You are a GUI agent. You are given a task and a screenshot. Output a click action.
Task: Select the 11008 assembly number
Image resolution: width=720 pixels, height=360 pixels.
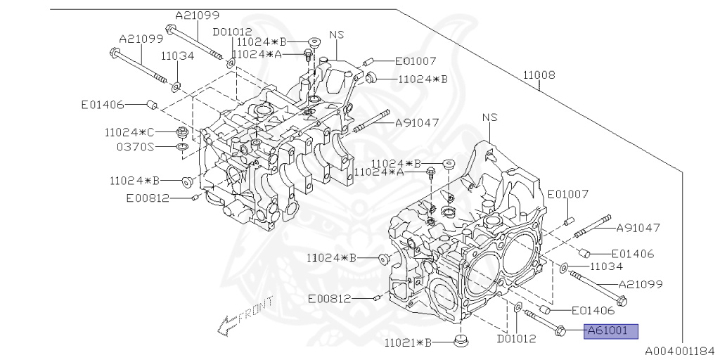point(539,75)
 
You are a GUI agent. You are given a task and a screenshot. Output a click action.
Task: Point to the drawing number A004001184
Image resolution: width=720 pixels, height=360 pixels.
point(679,349)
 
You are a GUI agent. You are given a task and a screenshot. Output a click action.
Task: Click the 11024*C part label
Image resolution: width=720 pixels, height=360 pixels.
point(129,131)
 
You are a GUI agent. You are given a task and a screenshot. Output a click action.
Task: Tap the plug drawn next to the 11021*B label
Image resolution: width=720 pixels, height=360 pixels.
point(462,341)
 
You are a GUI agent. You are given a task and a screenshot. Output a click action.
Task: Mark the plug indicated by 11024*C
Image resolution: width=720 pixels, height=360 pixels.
point(182,131)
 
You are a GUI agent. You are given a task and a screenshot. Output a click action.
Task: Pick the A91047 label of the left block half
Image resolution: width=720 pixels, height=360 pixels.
point(417,122)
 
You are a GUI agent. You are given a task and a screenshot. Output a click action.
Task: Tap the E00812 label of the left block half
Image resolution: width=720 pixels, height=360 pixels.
point(148,198)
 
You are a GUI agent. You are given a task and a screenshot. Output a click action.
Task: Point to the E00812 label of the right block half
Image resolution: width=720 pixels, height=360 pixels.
point(329,298)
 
